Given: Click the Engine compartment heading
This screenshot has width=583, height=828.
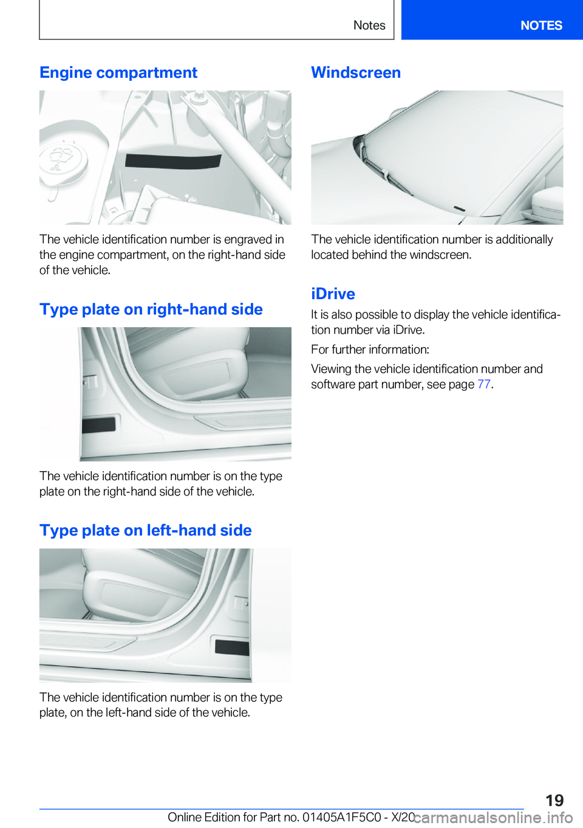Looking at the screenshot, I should coord(118,73).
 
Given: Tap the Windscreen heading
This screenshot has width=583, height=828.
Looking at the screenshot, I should coord(356,73).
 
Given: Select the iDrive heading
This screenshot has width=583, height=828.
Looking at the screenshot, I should coord(333,294).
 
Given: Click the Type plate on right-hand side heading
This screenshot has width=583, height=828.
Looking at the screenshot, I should coord(151,309).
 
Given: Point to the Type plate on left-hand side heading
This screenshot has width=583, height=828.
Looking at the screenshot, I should coord(145,531).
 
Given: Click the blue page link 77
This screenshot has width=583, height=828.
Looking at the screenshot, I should coord(483,384).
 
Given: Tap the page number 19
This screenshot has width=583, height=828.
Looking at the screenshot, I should coord(554,800).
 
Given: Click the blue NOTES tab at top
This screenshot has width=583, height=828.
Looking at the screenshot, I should coord(540,26).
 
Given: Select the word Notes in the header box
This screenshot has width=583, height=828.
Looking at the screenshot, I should coord(369,26).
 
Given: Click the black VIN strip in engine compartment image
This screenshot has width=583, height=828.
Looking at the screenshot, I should coord(173,161).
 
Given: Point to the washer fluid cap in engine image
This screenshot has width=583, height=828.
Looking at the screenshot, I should coord(61,160).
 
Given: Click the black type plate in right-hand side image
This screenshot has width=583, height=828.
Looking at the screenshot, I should coord(98,425).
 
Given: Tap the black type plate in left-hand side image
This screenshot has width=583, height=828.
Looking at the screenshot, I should coord(232,647).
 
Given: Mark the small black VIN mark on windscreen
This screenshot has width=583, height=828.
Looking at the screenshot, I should coord(460,209).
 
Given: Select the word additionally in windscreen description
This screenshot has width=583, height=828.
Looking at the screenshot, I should coord(524,240).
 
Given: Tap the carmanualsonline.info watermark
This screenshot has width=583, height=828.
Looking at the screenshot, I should coord(493,818).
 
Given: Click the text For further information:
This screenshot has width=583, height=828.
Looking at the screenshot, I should coord(370,350).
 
